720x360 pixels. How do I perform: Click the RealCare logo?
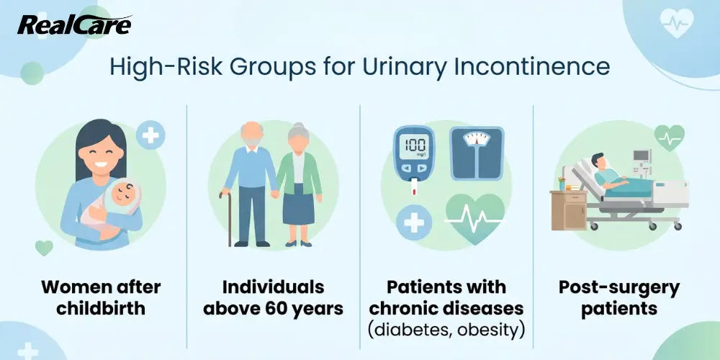pos(75,25)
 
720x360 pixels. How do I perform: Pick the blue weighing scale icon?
pos(477,153)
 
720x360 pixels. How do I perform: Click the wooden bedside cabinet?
pos(569,210)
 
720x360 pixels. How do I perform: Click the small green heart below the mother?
pos(44,248)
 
